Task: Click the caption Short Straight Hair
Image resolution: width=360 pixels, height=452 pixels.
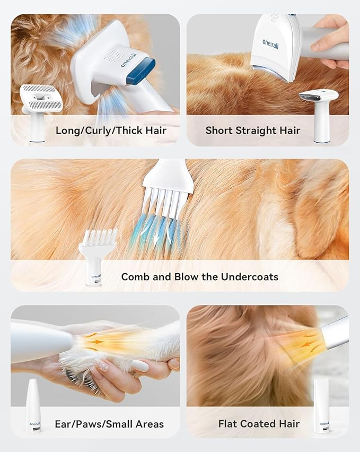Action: [x=253, y=130]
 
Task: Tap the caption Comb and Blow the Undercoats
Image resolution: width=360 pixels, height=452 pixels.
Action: [x=199, y=276]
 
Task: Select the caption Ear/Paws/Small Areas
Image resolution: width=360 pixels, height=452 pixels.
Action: [x=109, y=423]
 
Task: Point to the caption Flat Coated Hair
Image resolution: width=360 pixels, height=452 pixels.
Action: [x=259, y=423]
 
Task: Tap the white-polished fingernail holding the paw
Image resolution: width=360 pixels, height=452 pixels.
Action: [x=142, y=366]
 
